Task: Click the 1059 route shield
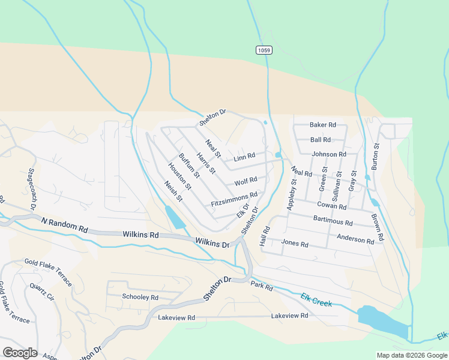coord(263,50)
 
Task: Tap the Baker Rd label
coord(323,125)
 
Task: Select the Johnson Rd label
coord(329,154)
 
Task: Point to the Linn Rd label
coord(244,157)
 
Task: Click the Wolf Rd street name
coord(246,181)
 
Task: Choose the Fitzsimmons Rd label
coord(234,200)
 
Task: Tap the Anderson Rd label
coord(360,239)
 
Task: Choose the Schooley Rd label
coord(140,297)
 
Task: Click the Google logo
coord(20,353)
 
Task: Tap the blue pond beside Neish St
coord(175,217)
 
